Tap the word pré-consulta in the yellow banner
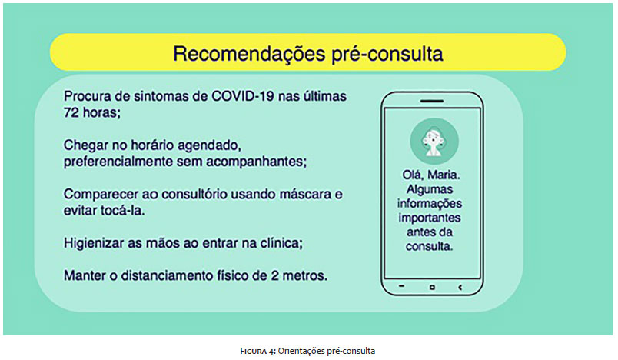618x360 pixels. (387, 54)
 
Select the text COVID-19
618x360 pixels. (243, 96)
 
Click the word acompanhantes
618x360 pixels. (256, 162)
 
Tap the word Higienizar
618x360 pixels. (95, 243)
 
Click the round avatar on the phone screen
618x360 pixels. (434, 142)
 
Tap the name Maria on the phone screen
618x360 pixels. (444, 175)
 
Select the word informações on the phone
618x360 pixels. (429, 204)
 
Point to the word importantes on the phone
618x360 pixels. (429, 218)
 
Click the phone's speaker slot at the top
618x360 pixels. (432, 102)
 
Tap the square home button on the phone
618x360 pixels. (432, 288)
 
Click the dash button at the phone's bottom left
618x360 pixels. (401, 286)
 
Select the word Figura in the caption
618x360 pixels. (257, 351)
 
